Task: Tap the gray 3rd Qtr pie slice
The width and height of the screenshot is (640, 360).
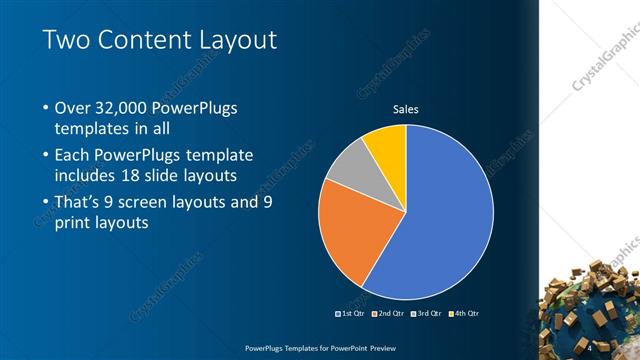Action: [350, 172]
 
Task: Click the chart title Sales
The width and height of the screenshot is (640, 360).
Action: [405, 109]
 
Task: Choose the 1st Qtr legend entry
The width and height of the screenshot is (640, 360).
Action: [351, 314]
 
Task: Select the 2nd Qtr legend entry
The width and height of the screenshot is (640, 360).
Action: [389, 314]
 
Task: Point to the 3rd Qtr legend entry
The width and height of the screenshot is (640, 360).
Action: [427, 314]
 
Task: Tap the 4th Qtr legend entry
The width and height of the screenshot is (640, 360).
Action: [465, 314]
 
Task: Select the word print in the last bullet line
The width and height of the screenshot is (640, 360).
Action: [76, 223]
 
